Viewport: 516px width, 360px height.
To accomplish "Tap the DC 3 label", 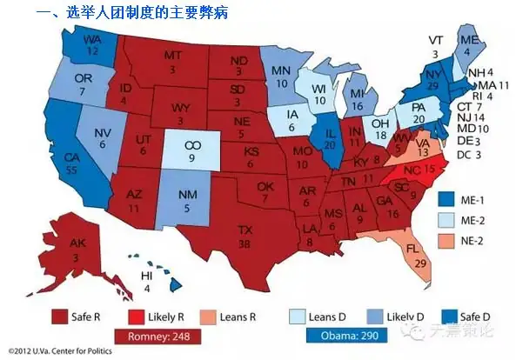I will click(x=471, y=154).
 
